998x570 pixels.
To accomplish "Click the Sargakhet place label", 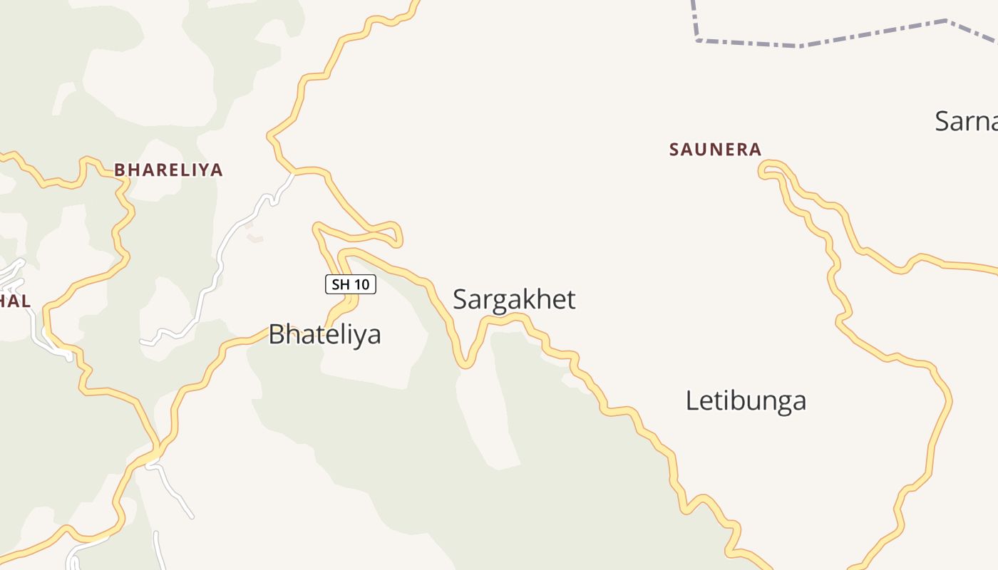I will coord(514,299).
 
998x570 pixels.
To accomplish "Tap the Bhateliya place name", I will coord(324,334).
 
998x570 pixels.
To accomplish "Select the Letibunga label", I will coord(746,400).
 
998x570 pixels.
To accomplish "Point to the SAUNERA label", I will coord(715,150).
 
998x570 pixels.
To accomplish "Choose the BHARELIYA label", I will coord(168,170).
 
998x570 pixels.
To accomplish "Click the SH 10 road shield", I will coord(351,284).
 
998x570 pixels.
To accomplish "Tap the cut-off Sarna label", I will coord(967,121).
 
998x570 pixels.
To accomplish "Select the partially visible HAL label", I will coord(14,301).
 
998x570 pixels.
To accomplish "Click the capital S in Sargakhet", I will coord(461,299).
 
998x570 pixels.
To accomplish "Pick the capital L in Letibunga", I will coord(691,400).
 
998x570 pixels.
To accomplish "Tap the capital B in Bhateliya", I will coord(277,334).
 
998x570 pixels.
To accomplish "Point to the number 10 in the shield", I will coord(361,284).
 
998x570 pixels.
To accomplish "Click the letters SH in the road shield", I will coord(341,284).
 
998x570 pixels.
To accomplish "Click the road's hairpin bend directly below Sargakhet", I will coord(465,364).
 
